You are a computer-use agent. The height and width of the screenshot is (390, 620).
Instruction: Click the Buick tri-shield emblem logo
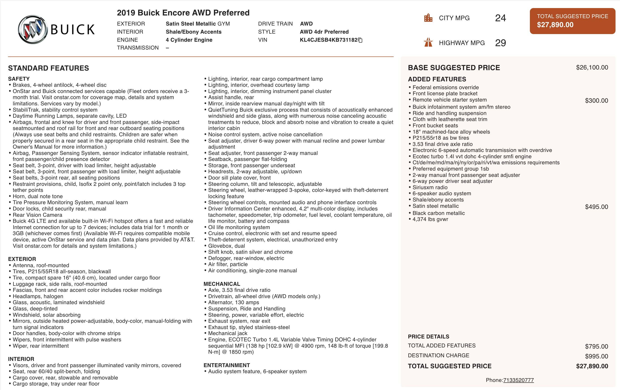click(33, 29)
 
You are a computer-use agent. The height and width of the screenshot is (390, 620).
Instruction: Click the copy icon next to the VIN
click(360, 40)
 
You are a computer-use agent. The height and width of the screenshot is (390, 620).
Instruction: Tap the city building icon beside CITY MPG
click(428, 18)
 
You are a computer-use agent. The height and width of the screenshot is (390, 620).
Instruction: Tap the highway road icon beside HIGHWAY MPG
click(428, 43)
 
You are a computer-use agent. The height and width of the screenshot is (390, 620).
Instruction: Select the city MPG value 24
click(500, 18)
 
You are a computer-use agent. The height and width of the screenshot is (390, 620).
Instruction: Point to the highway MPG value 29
click(500, 43)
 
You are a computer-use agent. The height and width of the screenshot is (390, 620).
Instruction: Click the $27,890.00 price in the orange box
click(555, 25)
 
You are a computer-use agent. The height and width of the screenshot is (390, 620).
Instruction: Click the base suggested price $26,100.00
click(592, 67)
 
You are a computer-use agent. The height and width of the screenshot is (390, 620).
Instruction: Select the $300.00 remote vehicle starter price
click(596, 101)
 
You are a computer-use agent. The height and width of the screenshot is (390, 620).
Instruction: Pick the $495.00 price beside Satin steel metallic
click(596, 207)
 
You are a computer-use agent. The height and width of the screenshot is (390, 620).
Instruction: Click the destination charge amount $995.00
click(596, 356)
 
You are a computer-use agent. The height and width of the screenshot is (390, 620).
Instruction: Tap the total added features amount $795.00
click(596, 347)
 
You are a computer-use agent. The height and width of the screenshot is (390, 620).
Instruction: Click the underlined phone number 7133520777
click(518, 380)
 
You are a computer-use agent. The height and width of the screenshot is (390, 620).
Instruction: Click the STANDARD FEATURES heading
click(48, 68)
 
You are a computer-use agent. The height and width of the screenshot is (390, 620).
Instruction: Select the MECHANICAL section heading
click(222, 284)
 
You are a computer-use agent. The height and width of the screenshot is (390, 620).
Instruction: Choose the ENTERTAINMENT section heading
click(227, 365)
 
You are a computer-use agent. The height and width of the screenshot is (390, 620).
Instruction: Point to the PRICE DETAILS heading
click(428, 336)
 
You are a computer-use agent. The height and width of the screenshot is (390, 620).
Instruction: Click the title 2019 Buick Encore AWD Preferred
click(183, 13)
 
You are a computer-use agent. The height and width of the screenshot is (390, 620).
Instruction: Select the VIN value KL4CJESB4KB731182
click(329, 40)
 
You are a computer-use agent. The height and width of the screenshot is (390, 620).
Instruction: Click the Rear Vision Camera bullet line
click(37, 215)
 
